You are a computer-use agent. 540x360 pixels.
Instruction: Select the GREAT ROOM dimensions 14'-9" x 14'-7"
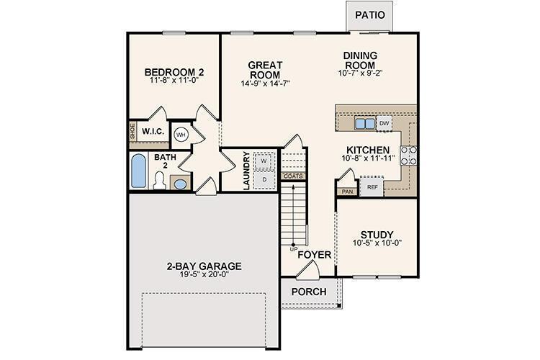[265, 84]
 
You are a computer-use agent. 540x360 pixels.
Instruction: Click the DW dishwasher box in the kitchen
[384, 124]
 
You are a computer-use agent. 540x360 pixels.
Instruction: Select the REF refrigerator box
[372, 187]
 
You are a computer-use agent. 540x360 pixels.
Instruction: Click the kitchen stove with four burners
[409, 156]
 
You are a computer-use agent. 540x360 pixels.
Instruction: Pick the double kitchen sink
[364, 124]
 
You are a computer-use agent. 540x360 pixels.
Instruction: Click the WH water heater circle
[181, 133]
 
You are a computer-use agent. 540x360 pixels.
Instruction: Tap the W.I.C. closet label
[154, 132]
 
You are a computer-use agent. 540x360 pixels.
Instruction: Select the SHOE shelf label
[132, 132]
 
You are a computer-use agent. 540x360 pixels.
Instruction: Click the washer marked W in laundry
[264, 160]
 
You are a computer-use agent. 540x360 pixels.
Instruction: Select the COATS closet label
[292, 176]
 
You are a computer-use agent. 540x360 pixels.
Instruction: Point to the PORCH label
[308, 292]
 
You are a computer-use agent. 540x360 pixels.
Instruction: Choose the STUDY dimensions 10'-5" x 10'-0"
[377, 243]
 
